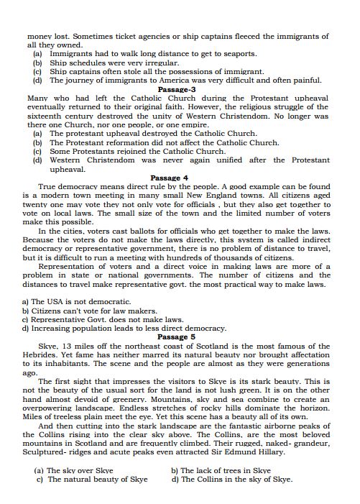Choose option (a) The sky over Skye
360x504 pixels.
(79, 471)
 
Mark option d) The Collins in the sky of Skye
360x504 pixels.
(231, 480)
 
